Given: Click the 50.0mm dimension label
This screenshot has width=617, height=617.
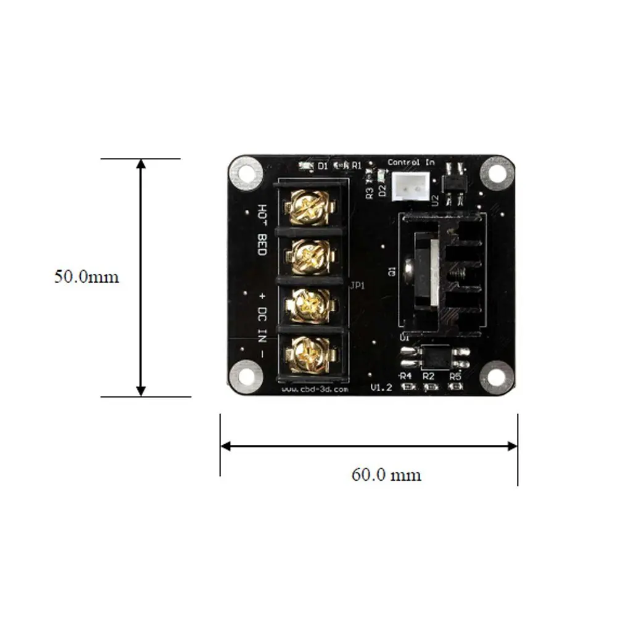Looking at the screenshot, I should [x=86, y=276].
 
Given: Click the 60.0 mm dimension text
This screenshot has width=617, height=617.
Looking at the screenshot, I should [x=386, y=474].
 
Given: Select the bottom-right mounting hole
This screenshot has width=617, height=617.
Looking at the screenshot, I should [x=497, y=376].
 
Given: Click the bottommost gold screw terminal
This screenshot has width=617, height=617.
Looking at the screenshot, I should [x=312, y=356].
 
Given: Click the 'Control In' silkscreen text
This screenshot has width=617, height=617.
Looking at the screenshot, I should [x=411, y=162].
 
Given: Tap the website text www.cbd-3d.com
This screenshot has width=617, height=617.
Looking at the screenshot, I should [x=315, y=389].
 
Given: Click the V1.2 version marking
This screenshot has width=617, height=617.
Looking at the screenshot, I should [x=382, y=387].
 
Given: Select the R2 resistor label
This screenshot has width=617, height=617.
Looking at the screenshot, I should [x=428, y=375].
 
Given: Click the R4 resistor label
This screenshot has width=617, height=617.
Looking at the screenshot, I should [x=405, y=375].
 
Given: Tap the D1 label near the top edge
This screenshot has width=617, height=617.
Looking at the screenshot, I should [x=323, y=165].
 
